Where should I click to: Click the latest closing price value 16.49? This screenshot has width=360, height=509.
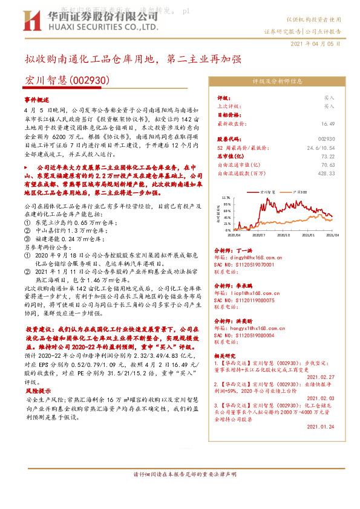(329, 123)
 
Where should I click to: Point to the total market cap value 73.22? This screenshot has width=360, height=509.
(329, 155)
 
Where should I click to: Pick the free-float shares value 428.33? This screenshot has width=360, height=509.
(326, 172)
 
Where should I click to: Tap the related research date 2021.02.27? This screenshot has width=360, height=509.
(322, 375)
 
